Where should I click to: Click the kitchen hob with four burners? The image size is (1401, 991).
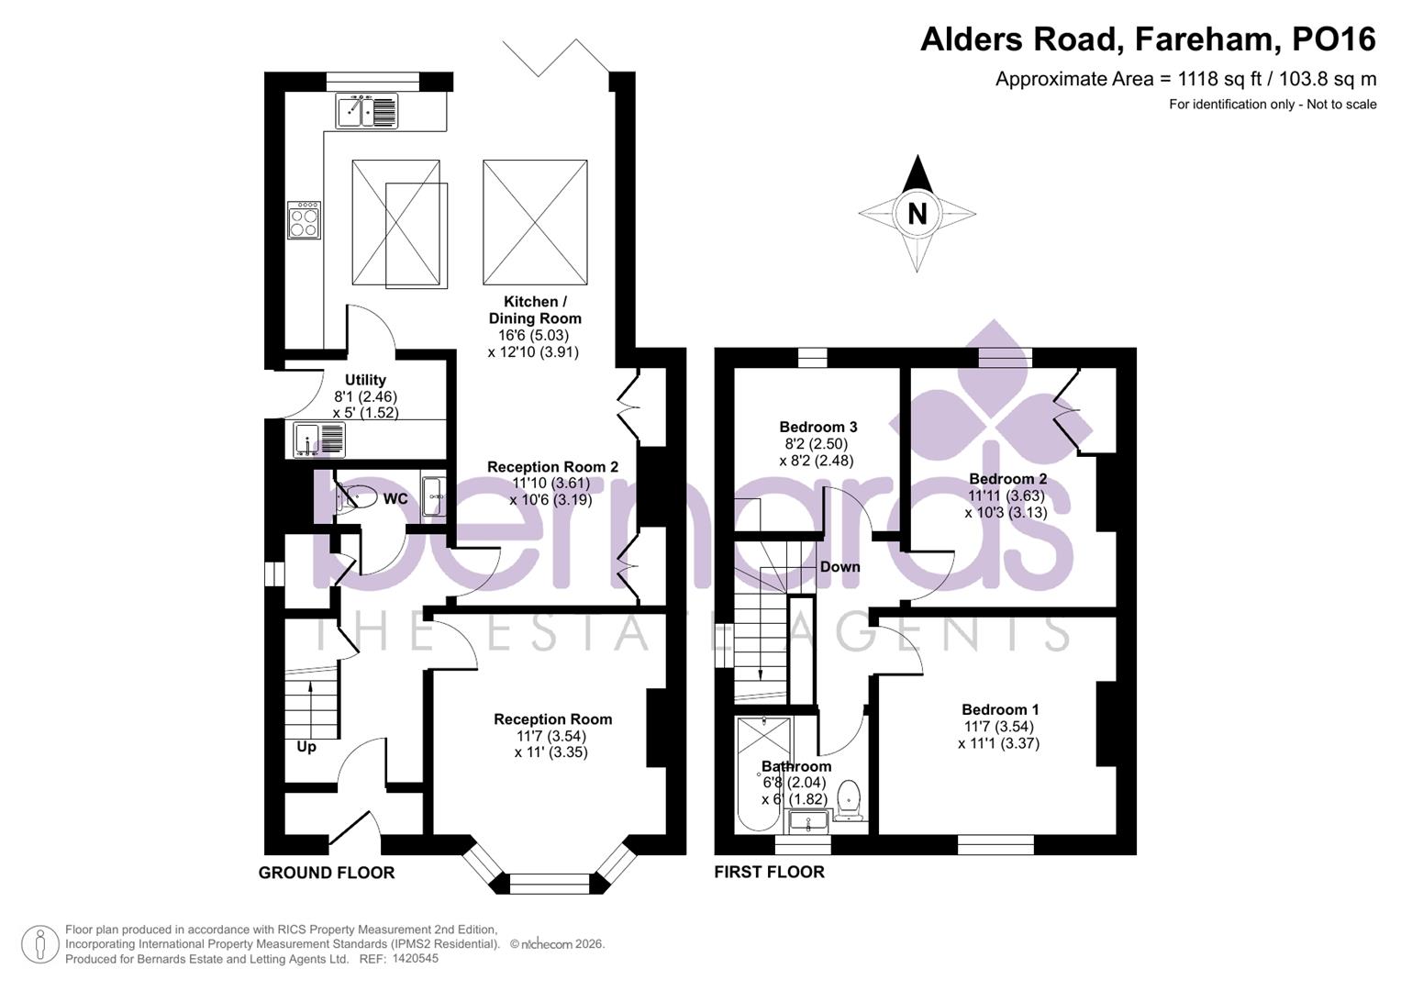pyautogui.click(x=305, y=220)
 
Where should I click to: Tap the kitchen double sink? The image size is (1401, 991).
pyautogui.click(x=367, y=111)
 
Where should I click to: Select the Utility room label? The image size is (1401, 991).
pyautogui.click(x=365, y=380)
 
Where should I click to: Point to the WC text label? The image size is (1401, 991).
pyautogui.click(x=395, y=499)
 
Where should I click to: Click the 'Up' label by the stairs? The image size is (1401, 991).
pyautogui.click(x=306, y=747)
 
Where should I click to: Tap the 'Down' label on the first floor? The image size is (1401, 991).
pyautogui.click(x=839, y=567)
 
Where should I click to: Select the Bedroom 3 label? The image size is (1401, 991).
pyautogui.click(x=817, y=427)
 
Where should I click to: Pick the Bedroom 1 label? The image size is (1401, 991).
pyautogui.click(x=1000, y=709)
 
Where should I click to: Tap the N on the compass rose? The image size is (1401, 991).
pyautogui.click(x=917, y=214)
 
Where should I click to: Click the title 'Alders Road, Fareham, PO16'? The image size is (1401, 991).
pyautogui.click(x=1148, y=39)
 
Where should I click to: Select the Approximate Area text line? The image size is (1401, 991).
pyautogui.click(x=1185, y=80)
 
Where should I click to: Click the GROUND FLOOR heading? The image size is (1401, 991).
pyautogui.click(x=327, y=873)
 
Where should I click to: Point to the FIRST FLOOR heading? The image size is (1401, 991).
pyautogui.click(x=769, y=872)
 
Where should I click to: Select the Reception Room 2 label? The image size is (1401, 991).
pyautogui.click(x=552, y=467)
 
